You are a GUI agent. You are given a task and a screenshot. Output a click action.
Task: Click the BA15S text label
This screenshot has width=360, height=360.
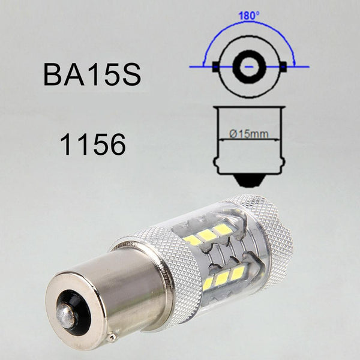click(92, 75)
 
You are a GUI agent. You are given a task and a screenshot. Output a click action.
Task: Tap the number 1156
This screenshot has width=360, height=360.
click(93, 145)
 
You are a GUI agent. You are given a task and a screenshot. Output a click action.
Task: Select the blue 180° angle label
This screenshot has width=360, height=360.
click(250, 16)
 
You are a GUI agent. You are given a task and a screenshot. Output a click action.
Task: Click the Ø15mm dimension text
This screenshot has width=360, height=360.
click(249, 134)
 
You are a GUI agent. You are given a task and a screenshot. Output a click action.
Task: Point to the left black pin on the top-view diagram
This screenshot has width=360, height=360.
click(215, 67)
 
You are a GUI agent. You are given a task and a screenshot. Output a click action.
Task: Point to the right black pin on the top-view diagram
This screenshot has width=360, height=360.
click(283, 67)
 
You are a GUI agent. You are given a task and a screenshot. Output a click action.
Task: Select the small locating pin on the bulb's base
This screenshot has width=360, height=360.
click(112, 337)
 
